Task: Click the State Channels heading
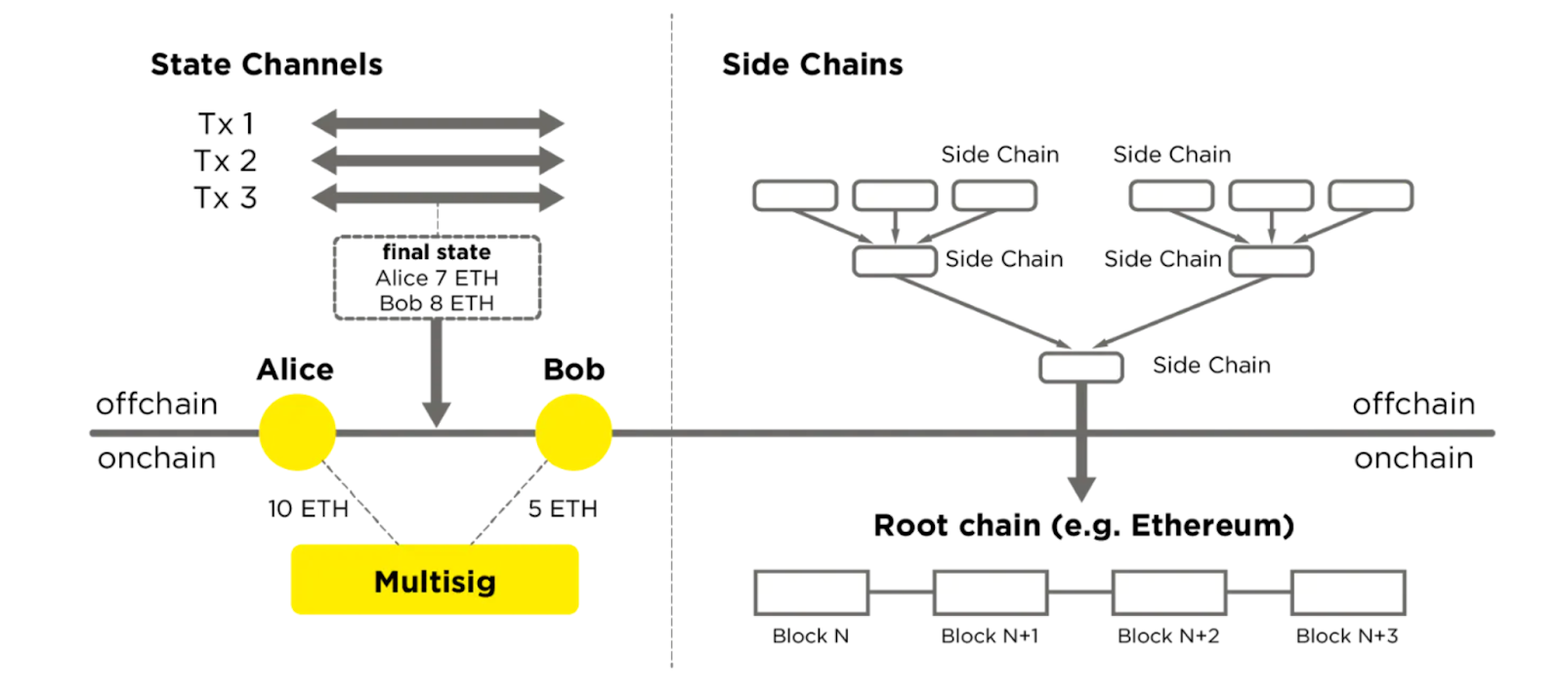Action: [266, 65]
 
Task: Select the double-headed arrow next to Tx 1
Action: [437, 123]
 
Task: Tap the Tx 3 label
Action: [225, 197]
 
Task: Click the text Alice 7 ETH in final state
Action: [437, 278]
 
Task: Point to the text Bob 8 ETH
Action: [437, 303]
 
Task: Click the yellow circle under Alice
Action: [297, 432]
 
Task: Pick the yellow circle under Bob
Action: [573, 432]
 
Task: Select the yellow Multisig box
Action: [435, 581]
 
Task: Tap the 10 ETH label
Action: [308, 508]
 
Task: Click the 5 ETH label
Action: [563, 508]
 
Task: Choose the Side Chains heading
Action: [812, 65]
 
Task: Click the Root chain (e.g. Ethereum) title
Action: [1083, 526]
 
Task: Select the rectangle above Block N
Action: [811, 592]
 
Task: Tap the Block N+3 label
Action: [1346, 636]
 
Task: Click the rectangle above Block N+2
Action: [1168, 592]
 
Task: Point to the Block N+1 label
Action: [989, 636]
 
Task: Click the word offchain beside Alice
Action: [156, 404]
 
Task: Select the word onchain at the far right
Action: [1413, 459]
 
